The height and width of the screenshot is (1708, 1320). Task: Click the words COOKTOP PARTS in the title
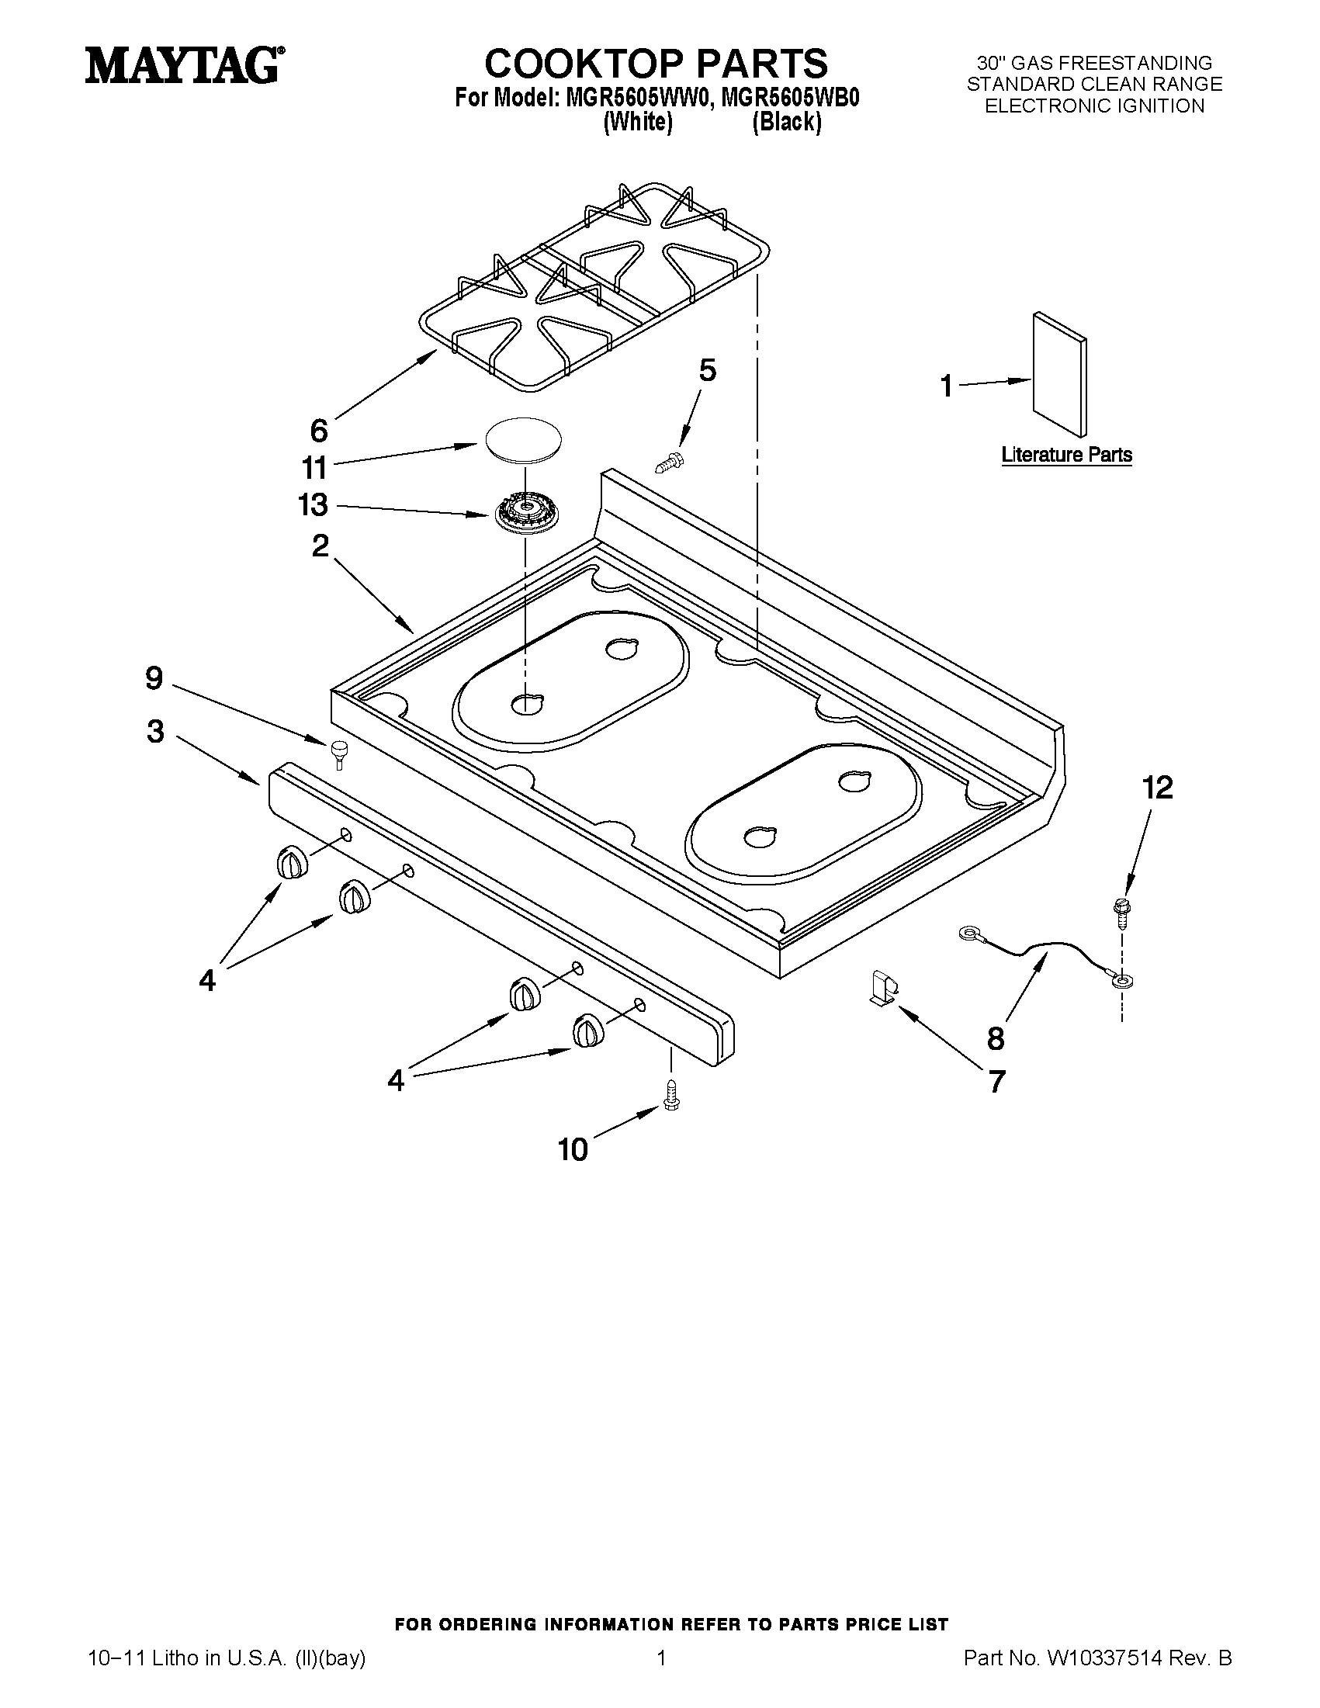[655, 63]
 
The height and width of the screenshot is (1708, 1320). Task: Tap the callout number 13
[313, 505]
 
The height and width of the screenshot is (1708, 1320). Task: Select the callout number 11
[314, 468]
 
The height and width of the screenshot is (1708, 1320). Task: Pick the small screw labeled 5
[667, 464]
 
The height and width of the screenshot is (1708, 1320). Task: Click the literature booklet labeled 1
[1058, 375]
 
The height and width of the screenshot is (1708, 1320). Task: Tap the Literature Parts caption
[1067, 455]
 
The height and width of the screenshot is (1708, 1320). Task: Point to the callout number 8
[995, 1038]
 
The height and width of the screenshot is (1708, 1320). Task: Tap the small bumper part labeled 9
[338, 751]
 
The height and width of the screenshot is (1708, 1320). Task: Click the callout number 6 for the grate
[319, 430]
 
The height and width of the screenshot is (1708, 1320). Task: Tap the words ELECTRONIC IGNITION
[1094, 106]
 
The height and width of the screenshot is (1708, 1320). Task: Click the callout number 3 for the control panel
[156, 731]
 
